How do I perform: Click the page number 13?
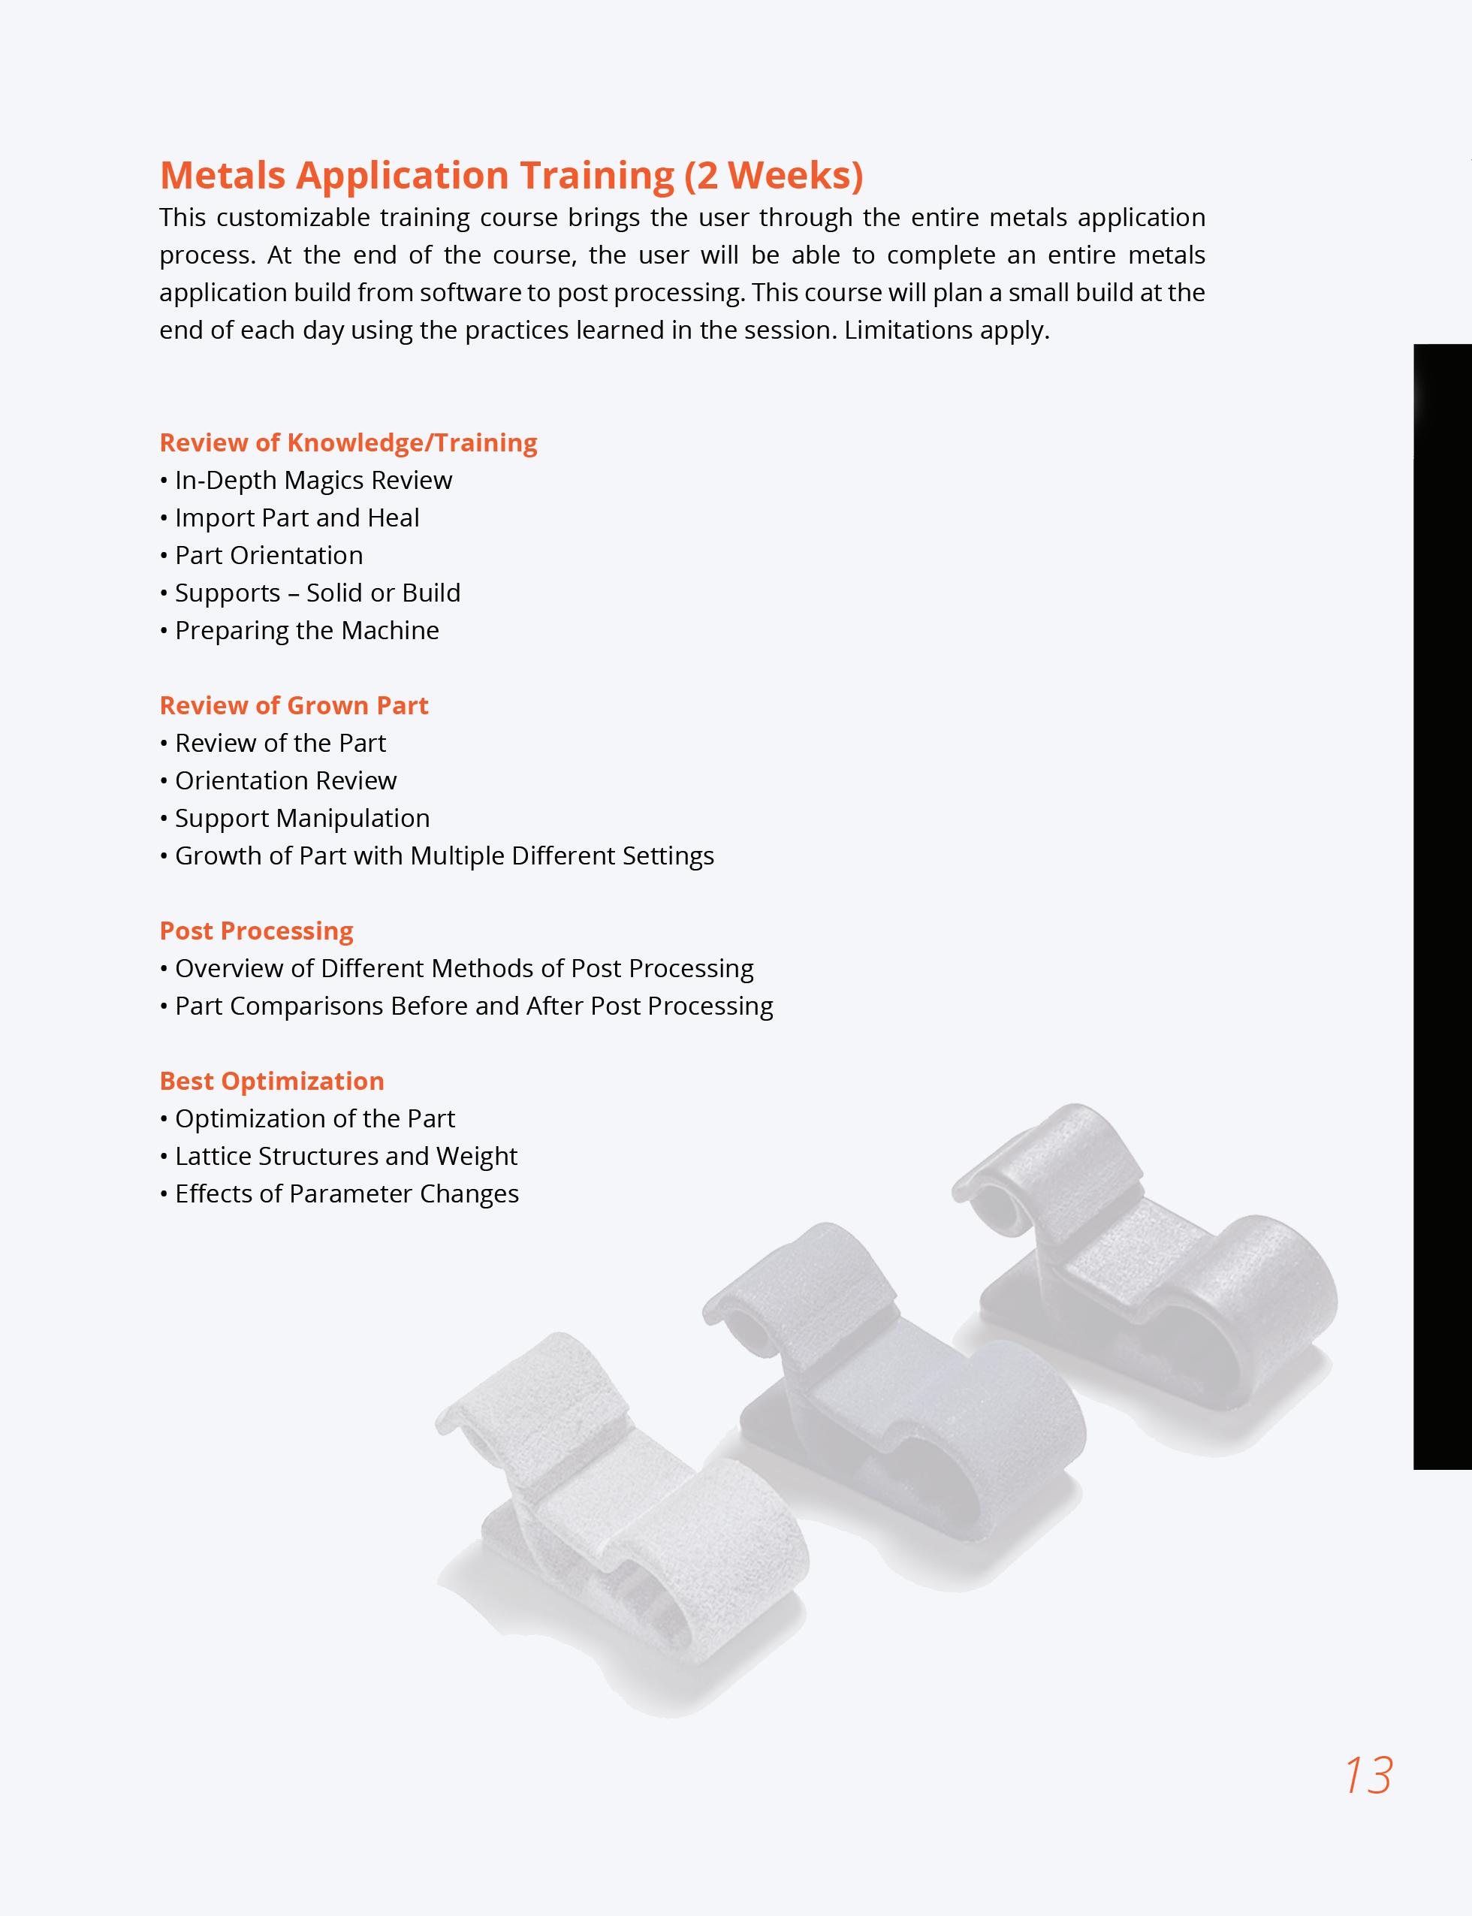(1368, 1776)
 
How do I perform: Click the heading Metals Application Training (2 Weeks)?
(511, 175)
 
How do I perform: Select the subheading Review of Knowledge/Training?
(348, 442)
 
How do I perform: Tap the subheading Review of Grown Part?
(294, 705)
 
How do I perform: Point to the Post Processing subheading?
(256, 931)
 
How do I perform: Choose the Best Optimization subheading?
(272, 1081)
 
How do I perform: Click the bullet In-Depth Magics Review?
(312, 480)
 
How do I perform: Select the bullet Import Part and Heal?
(296, 517)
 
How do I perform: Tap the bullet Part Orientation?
(268, 556)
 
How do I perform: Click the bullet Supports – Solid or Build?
(317, 593)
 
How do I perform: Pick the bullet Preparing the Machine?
(306, 631)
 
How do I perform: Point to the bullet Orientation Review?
(285, 780)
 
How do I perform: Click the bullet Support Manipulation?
(302, 818)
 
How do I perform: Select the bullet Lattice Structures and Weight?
(346, 1157)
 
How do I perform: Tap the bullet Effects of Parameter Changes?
(347, 1194)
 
